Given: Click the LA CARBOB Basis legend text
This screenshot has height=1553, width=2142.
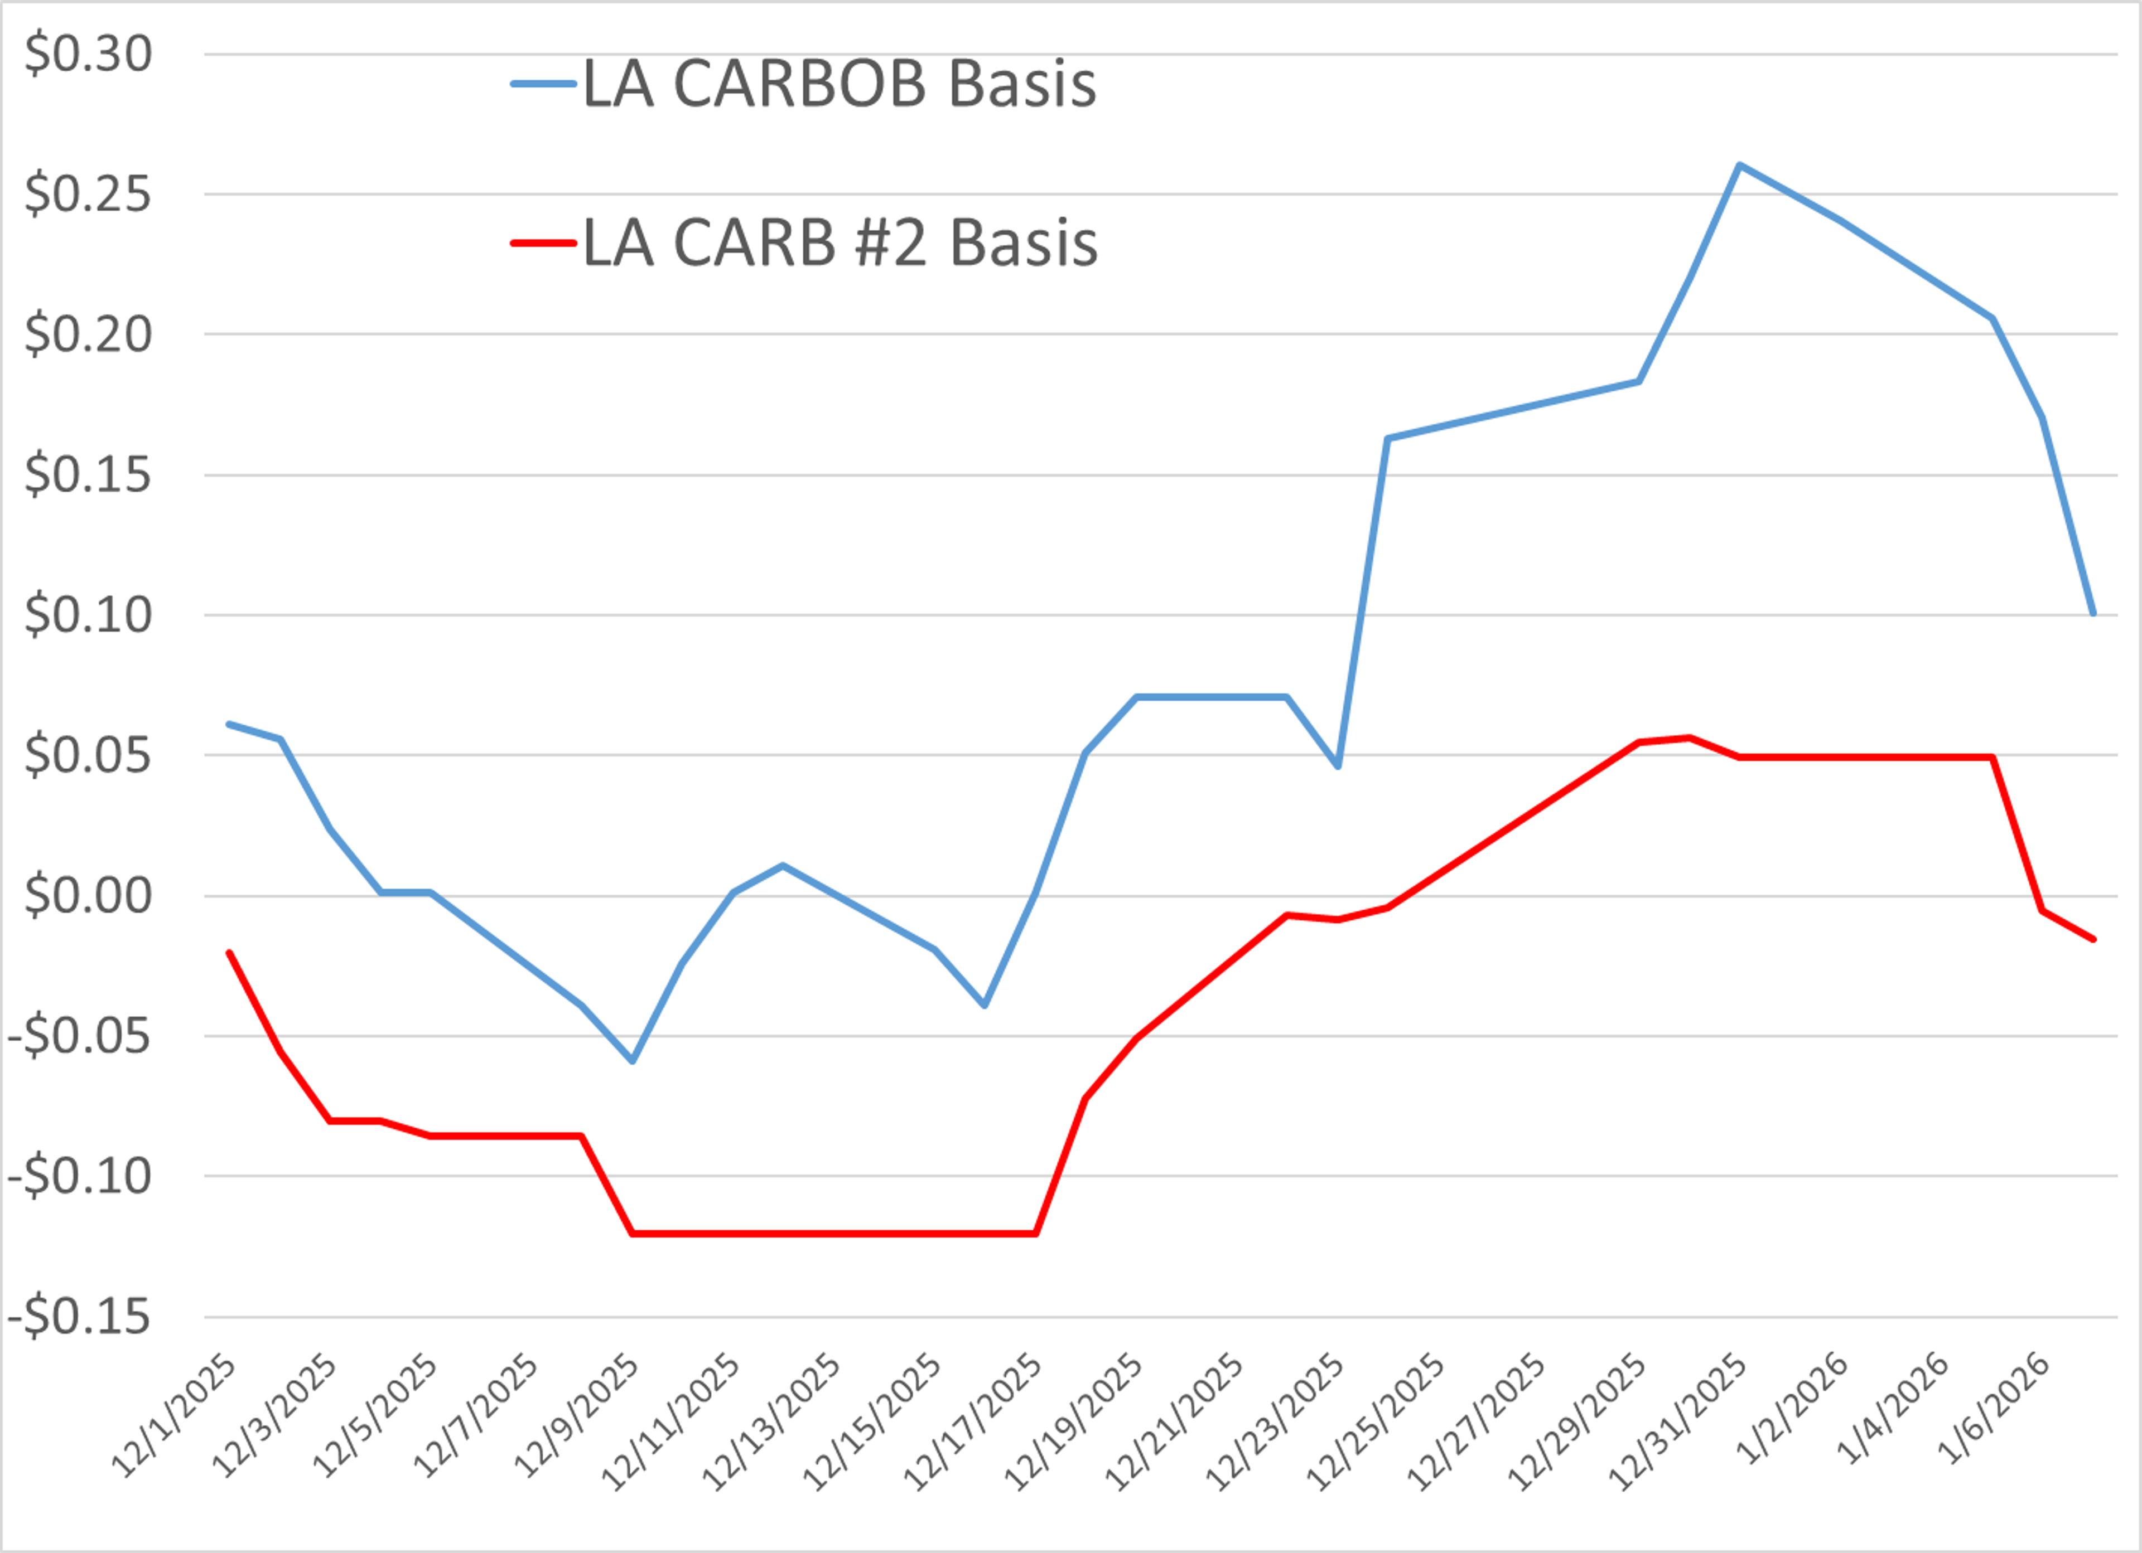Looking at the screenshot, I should pyautogui.click(x=838, y=84).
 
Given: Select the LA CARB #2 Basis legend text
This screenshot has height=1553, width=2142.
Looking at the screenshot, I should pyautogui.click(x=840, y=242).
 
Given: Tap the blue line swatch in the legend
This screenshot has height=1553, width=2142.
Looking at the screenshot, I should pyautogui.click(x=543, y=84).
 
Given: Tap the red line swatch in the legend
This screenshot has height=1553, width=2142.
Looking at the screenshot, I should pyautogui.click(x=543, y=242).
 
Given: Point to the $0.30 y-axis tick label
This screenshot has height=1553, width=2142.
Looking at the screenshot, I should pyautogui.click(x=88, y=54).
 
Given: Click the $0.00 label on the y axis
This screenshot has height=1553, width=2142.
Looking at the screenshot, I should pyautogui.click(x=88, y=895).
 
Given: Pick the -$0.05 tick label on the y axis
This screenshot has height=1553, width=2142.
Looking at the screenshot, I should pyautogui.click(x=79, y=1036).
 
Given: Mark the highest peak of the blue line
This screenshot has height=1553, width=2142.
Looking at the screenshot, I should pyautogui.click(x=1739, y=165).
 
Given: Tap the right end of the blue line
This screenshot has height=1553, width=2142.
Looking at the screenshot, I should pyautogui.click(x=2093, y=614).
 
